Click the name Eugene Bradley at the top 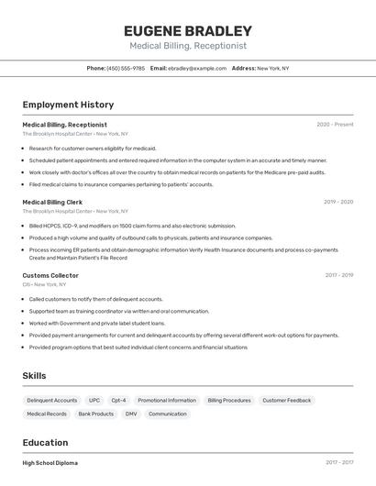[187, 30]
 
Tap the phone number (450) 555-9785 [126, 68]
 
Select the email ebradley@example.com [196, 68]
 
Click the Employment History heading [68, 105]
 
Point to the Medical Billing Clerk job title [52, 202]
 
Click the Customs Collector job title [50, 275]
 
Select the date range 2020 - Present [335, 125]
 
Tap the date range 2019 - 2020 [338, 202]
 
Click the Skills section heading [34, 376]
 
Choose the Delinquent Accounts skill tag [52, 401]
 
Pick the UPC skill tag [94, 401]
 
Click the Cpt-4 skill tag [119, 401]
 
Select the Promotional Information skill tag [167, 401]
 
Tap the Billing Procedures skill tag [229, 401]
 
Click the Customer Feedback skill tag [286, 401]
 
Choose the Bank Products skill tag [96, 414]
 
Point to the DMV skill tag [131, 414]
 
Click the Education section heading [45, 443]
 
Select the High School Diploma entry [50, 463]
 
